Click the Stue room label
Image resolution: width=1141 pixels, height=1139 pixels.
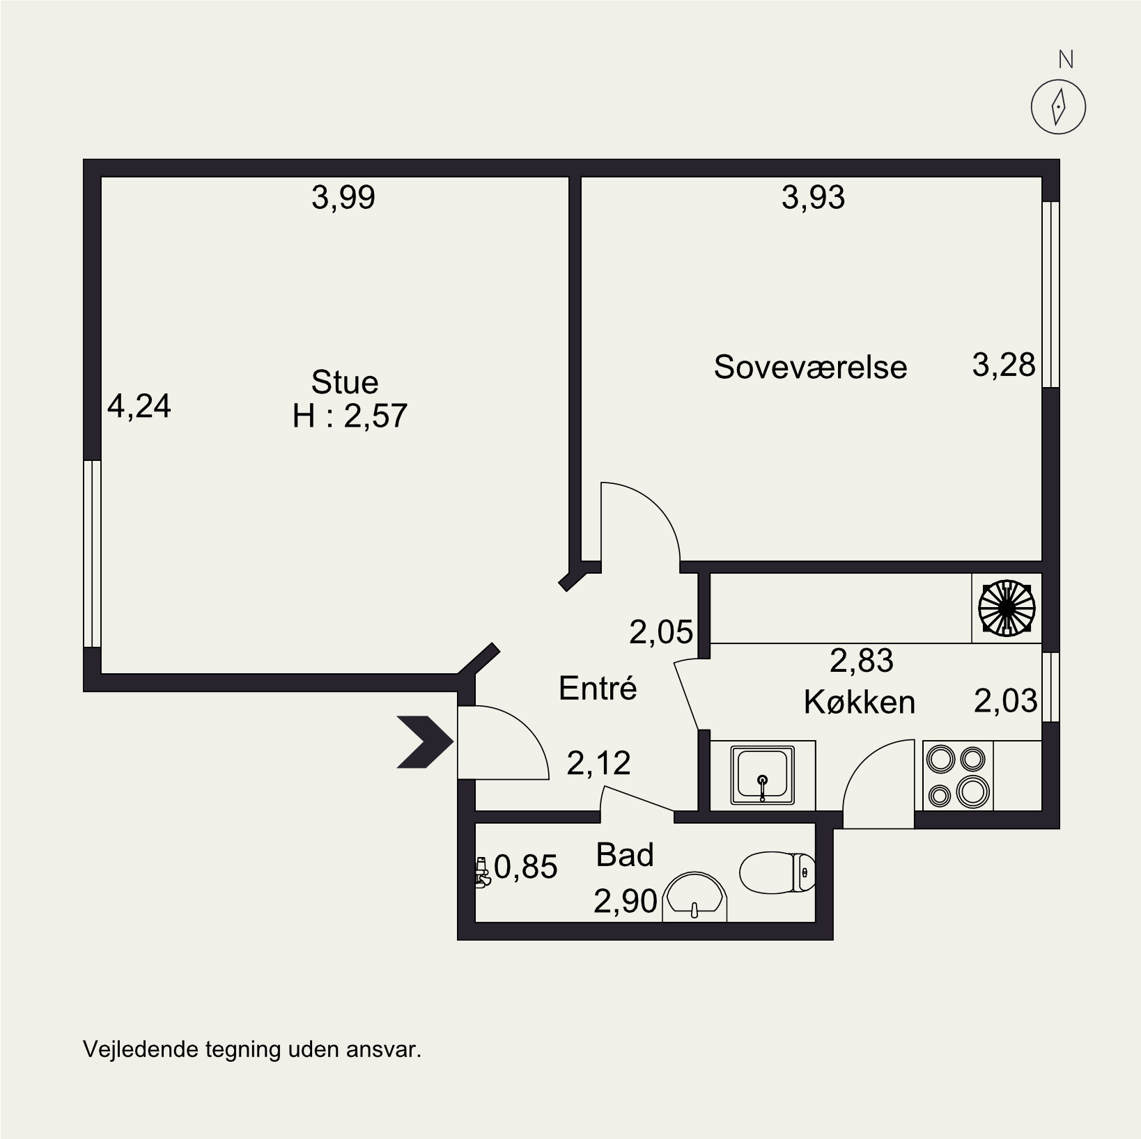tap(345, 382)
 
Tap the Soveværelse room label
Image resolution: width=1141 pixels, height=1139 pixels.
tap(810, 367)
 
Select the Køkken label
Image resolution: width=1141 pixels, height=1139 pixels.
tap(860, 702)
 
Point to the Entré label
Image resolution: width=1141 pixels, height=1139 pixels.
tap(598, 688)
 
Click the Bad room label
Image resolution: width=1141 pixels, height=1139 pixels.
tap(625, 855)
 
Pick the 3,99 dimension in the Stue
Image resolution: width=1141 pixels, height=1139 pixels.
tap(343, 198)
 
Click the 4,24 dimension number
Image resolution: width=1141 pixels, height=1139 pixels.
tap(139, 407)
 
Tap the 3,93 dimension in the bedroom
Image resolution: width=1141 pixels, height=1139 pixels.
tap(813, 198)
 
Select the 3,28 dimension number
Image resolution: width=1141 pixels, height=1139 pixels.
tap(1004, 365)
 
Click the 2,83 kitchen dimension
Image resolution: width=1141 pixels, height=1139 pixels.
tap(862, 660)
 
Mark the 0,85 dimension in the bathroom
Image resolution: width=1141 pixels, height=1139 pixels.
tap(526, 867)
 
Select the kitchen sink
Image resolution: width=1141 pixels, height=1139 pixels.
tap(763, 775)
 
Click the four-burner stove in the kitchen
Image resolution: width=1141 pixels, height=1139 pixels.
tap(958, 776)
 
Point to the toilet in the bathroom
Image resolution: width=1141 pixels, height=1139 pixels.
tap(777, 872)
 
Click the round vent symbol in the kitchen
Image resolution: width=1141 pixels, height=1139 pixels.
tap(1007, 608)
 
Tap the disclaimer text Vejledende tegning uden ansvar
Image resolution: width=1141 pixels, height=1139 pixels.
tap(252, 1049)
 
